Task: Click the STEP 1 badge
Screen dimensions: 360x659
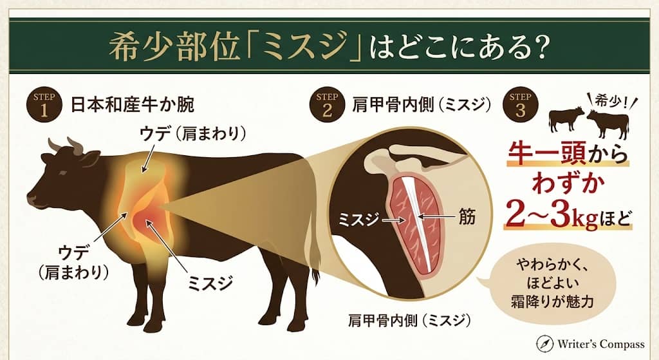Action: [x=43, y=106]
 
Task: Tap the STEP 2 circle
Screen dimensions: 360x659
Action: [x=326, y=106]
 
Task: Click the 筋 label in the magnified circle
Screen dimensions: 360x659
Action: [x=468, y=217]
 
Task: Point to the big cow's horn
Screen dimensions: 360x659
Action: [x=75, y=146]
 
